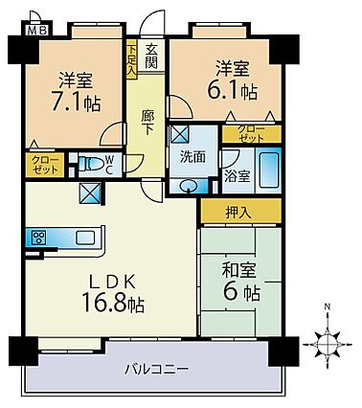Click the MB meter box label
tap(37, 31)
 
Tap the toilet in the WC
tap(90, 165)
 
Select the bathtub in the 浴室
tap(269, 170)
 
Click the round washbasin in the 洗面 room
tap(190, 186)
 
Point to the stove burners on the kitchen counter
tap(38, 238)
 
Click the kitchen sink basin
tap(85, 238)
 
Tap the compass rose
tap(328, 345)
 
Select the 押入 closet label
tap(238, 213)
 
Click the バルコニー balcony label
tap(156, 370)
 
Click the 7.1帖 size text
tap(77, 102)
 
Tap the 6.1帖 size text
tap(233, 90)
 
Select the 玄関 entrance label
tap(151, 57)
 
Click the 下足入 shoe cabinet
tap(131, 58)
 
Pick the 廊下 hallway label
tap(147, 123)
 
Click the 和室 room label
tap(239, 271)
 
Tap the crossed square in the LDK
tap(90, 193)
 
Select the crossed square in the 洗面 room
tap(180, 134)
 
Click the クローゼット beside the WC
tap(45, 165)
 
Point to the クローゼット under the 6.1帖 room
tap(252, 134)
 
